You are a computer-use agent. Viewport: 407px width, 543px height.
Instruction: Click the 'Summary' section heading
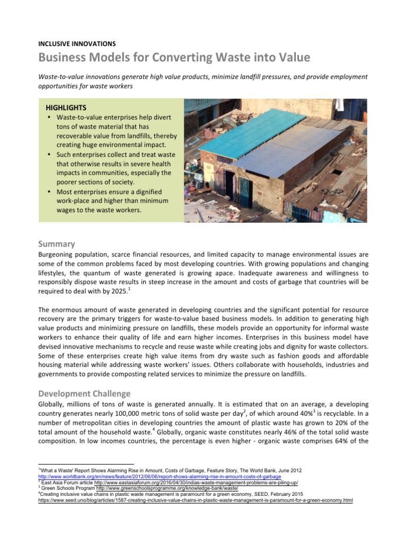click(x=56, y=244)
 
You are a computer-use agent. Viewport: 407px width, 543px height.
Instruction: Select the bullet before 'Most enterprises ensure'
click(x=49, y=191)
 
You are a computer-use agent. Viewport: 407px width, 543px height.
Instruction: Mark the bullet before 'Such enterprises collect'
click(x=49, y=154)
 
